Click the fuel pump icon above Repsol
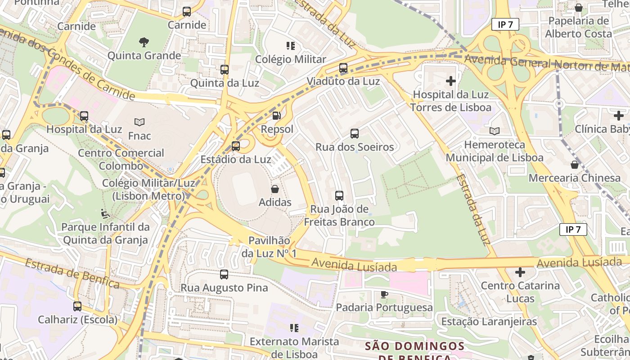pos(276,116)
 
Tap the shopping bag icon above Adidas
pos(275,189)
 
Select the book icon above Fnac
pos(139,122)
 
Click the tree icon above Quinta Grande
pos(144,42)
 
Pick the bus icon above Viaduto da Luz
pos(343,68)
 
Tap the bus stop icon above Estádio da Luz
pos(236,146)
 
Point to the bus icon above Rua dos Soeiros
pos(355,134)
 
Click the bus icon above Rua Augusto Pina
pos(224,274)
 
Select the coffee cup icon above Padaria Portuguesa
pos(384,294)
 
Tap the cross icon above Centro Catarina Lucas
pos(520,272)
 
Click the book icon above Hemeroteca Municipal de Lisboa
pos(495,131)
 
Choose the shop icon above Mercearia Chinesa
pos(574,165)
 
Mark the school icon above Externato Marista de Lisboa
pos(294,328)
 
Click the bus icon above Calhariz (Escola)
pos(77,306)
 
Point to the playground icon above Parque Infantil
pos(105,213)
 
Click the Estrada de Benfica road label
pos(72,273)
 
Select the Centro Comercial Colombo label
pos(121,159)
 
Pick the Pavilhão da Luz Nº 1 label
pos(269,247)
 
